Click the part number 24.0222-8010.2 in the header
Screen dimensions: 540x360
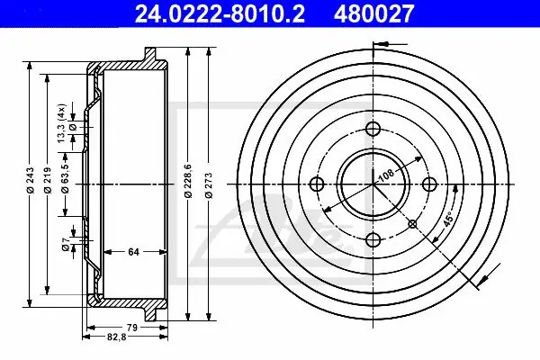click(x=220, y=13)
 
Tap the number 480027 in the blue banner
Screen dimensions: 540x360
click(x=373, y=13)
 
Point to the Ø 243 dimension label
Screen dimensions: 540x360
click(x=31, y=180)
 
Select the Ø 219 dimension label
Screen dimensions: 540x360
click(x=48, y=180)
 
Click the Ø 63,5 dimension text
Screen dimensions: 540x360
click(x=65, y=175)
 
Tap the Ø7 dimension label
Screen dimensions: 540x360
click(x=66, y=244)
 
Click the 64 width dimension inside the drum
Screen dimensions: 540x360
click(x=133, y=252)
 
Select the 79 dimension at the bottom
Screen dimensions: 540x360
click(x=132, y=328)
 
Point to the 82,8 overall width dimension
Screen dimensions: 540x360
click(x=117, y=337)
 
